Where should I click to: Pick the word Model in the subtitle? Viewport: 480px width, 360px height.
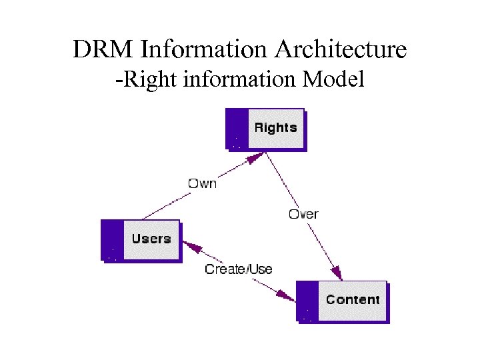click(333, 80)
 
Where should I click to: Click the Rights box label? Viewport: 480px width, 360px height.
click(275, 128)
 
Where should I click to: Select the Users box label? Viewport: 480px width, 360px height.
click(151, 239)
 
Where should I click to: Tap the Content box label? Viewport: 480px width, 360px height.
click(353, 299)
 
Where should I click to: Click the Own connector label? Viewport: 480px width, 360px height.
click(202, 183)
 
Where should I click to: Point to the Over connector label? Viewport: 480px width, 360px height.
click(303, 214)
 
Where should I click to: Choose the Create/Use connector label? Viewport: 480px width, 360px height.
click(239, 269)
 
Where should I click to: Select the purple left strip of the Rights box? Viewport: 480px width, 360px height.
click(237, 128)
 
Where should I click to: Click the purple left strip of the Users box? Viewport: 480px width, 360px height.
click(112, 239)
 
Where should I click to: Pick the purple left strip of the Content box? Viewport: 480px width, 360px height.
click(307, 301)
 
